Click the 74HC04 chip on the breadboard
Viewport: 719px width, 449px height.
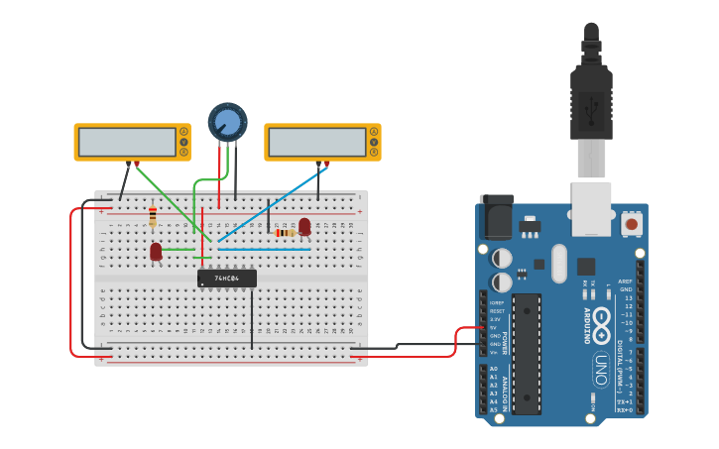click(x=226, y=279)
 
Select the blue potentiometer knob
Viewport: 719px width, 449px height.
click(x=227, y=122)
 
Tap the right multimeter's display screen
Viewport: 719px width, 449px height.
click(x=315, y=142)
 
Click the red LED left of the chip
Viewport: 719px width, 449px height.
click(x=156, y=252)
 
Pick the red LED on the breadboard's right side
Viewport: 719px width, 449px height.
click(x=304, y=227)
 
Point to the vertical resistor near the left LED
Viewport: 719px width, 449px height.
click(x=152, y=216)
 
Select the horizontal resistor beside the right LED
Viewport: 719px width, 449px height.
click(x=285, y=233)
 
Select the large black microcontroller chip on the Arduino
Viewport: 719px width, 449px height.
click(x=527, y=352)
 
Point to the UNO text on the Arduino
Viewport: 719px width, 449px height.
click(x=600, y=369)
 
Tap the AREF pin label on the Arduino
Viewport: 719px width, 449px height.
click(x=625, y=281)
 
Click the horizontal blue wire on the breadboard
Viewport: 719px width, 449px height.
click(x=264, y=250)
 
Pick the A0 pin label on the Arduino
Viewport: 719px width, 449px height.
click(x=493, y=369)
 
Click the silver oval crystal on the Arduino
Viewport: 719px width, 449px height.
click(x=558, y=263)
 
